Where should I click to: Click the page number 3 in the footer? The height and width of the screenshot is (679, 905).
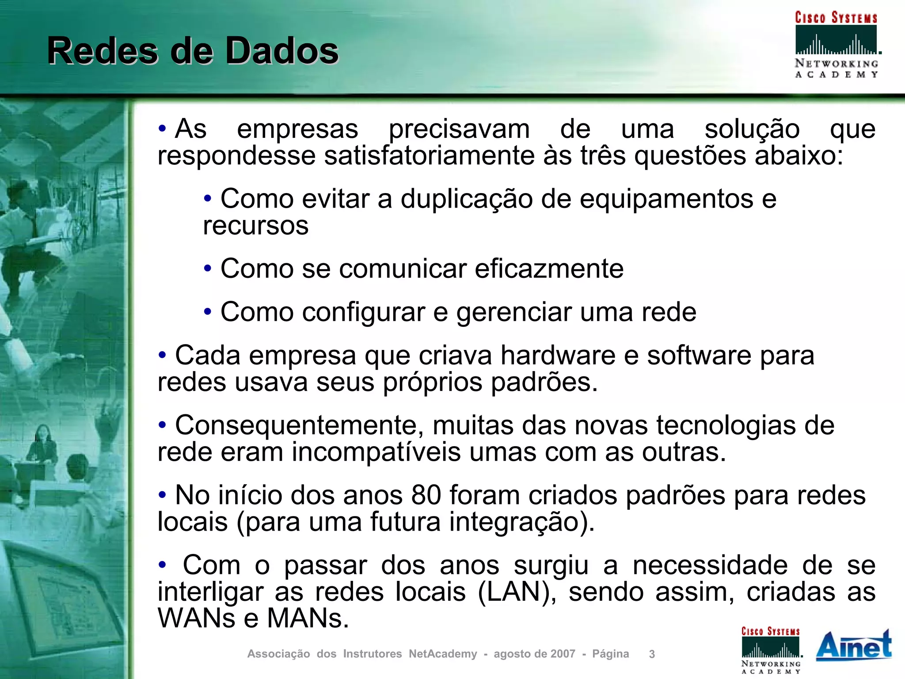652,654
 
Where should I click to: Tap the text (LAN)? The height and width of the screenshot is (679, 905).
517,592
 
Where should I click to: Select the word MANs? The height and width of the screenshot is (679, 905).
308,618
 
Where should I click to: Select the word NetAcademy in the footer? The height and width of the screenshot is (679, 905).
443,654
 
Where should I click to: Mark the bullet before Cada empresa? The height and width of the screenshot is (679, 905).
162,355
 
